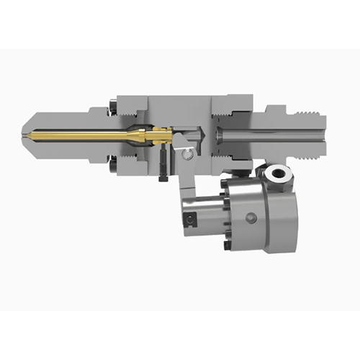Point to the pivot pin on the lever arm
tap(188, 153)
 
